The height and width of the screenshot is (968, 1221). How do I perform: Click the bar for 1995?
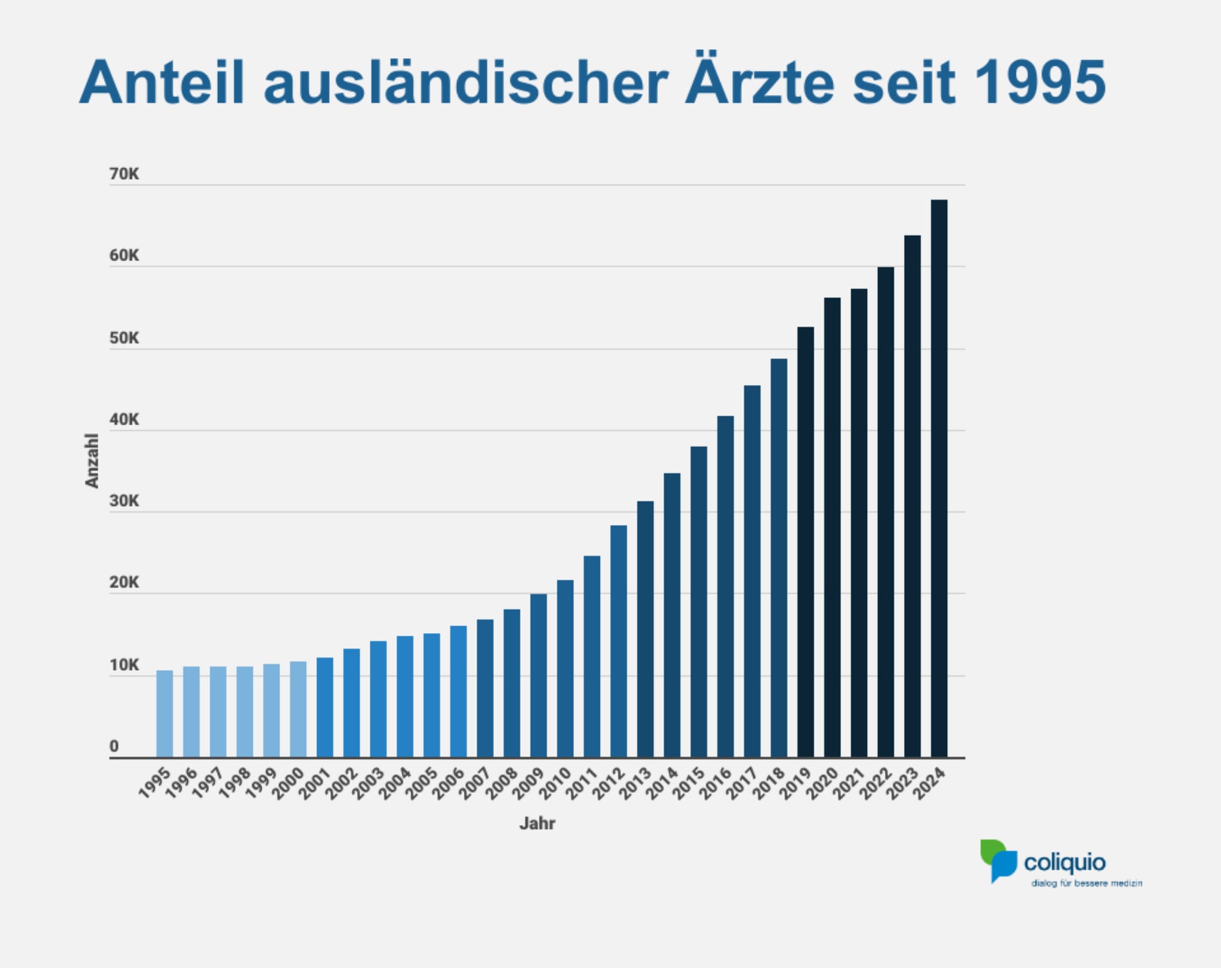click(x=165, y=713)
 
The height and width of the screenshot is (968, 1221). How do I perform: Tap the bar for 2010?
click(x=565, y=668)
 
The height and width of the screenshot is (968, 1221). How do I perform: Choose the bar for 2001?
click(x=325, y=707)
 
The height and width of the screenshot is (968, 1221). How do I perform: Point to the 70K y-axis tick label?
click(x=124, y=174)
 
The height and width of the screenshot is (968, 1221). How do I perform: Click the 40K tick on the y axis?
click(x=124, y=419)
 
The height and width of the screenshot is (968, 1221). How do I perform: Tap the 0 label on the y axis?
click(x=114, y=746)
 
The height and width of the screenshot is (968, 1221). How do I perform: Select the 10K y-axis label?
click(x=124, y=665)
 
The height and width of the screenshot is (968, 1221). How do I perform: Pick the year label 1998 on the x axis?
click(x=235, y=783)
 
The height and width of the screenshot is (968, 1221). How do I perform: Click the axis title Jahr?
click(x=537, y=824)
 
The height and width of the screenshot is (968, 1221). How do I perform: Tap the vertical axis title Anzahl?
click(x=91, y=460)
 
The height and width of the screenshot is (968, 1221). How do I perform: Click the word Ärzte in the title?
click(x=760, y=82)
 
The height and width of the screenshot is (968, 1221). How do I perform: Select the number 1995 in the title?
click(x=1040, y=82)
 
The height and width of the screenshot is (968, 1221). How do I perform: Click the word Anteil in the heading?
click(x=162, y=82)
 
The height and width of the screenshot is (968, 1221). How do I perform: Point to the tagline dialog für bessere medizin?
click(x=1086, y=883)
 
